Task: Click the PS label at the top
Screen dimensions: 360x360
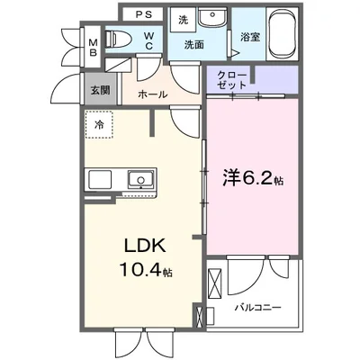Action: (x=143, y=15)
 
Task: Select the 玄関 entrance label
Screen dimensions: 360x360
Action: (x=100, y=91)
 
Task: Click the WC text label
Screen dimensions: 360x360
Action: (x=151, y=39)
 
